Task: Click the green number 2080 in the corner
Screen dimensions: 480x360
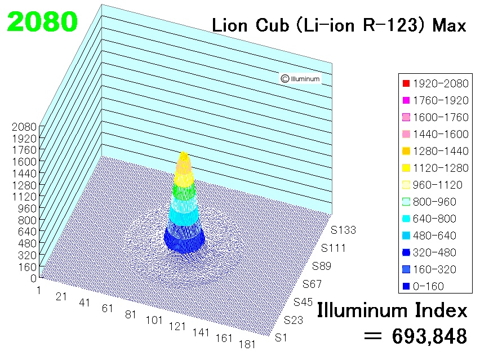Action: point(42,21)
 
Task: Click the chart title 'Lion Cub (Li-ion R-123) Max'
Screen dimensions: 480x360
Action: point(339,25)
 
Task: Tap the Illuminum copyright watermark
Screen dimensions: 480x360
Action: point(300,79)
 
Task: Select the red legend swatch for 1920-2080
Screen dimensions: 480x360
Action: point(406,83)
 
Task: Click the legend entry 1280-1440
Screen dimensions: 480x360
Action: point(435,151)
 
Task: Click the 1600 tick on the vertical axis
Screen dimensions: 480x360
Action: point(24,162)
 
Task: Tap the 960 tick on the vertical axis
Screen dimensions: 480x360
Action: point(27,208)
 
